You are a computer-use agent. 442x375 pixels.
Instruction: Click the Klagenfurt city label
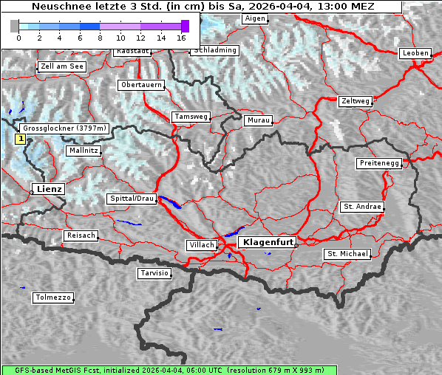tap(269, 241)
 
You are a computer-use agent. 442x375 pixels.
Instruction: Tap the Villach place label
tap(201, 244)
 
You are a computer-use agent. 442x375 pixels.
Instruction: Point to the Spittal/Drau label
tap(132, 199)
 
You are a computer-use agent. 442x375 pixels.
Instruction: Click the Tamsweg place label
tap(191, 117)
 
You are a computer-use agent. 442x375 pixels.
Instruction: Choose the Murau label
tap(259, 120)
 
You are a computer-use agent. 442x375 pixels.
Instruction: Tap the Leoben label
tap(414, 53)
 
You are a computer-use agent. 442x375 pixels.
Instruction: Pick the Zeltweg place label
tap(356, 100)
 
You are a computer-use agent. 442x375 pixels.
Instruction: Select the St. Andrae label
tap(362, 207)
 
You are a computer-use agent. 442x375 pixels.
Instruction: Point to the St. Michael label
tap(347, 254)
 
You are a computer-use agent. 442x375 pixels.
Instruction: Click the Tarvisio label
tap(154, 273)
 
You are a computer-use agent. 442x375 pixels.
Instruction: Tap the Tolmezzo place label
tap(52, 297)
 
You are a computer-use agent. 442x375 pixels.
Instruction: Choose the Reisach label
tap(81, 235)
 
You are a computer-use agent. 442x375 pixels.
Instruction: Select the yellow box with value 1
tap(21, 138)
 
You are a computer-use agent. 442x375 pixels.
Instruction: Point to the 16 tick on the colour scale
tap(182, 36)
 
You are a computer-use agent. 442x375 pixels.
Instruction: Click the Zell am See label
tap(62, 66)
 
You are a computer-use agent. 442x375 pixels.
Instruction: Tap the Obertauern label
tap(140, 85)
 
